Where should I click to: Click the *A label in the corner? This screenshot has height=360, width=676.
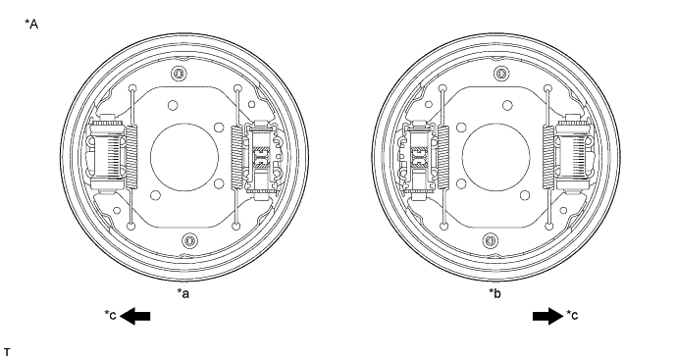(31, 25)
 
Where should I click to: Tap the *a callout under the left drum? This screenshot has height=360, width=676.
(183, 293)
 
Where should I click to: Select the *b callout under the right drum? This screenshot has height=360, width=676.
(494, 293)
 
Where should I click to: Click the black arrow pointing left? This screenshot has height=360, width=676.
(135, 316)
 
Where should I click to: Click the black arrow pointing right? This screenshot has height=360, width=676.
(548, 316)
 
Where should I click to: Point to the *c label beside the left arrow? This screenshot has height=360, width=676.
(110, 315)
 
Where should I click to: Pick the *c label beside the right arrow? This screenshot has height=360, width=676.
(572, 315)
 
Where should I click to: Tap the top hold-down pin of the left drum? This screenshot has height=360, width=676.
(179, 74)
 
